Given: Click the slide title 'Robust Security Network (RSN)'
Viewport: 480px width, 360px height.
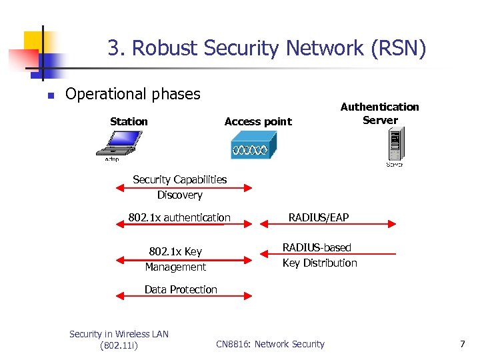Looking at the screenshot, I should [267, 49].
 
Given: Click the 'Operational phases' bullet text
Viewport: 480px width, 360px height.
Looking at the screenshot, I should [133, 94].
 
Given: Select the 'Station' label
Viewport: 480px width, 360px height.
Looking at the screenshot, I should [129, 121].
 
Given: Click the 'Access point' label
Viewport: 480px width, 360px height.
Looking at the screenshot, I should [258, 121].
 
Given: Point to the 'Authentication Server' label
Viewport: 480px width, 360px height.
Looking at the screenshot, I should [379, 113].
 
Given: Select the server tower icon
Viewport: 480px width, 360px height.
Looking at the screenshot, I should [395, 146].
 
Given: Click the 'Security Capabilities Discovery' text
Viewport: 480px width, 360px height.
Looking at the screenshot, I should [179, 187].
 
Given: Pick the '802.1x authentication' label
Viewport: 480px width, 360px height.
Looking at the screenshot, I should [179, 217].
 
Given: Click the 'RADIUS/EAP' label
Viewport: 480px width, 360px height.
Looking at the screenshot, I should [318, 217].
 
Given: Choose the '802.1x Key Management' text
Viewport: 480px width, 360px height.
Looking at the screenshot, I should [175, 259].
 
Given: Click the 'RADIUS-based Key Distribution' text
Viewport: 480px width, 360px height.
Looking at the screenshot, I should [319, 255].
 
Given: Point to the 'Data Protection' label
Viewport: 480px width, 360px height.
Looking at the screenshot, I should [181, 289].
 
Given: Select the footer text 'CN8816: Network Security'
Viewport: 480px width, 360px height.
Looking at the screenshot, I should [270, 344].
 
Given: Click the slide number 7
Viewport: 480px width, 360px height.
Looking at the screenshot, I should [462, 344].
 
